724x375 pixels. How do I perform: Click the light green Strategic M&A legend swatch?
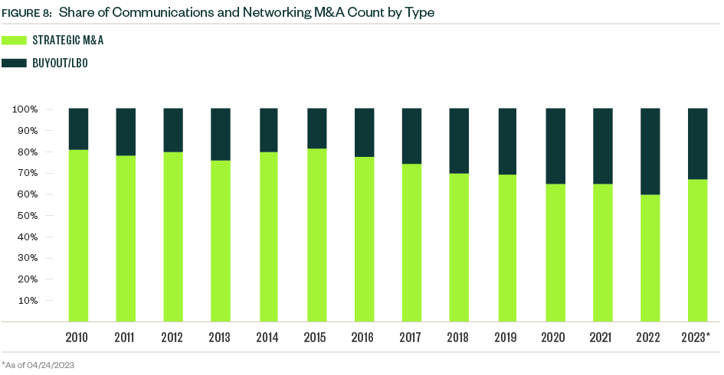coord(15,41)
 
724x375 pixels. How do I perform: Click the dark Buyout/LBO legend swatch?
coord(15,63)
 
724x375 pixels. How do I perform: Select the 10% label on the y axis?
coord(28,300)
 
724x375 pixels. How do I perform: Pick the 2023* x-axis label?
coord(697,337)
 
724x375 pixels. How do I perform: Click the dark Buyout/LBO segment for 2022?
coord(650,152)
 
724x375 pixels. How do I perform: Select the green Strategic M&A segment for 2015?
coord(316,234)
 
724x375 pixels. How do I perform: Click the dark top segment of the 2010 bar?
coord(78,129)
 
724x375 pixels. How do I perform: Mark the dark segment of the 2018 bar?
coord(460,141)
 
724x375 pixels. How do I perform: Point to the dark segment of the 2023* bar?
coord(697,144)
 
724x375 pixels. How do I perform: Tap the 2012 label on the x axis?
coord(173,337)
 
